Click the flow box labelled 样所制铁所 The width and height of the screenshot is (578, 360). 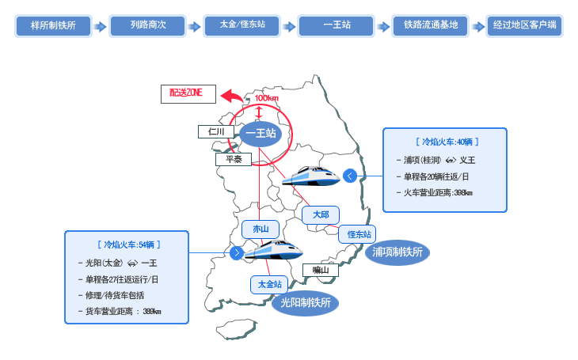pos(53,25)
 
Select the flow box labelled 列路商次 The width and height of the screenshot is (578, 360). pos(147,25)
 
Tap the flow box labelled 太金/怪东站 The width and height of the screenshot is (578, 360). pos(241,25)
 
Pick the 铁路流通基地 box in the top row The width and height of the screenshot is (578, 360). pos(431,25)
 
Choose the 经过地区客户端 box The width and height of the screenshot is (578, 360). pos(524,25)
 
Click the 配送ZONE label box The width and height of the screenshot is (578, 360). pos(188,94)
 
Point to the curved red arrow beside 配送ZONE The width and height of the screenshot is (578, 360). pos(231,96)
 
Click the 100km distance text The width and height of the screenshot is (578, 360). pos(267,98)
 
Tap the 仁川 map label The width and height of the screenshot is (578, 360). pos(216,131)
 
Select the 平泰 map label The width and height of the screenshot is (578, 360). pos(234,159)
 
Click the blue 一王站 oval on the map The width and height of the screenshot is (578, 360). pos(260,134)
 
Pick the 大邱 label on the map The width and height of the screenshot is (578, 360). pos(321,215)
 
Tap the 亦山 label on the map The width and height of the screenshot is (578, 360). pos(260,229)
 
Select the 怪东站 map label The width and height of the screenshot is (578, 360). pos(357,234)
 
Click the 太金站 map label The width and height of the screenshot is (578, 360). pos(269,285)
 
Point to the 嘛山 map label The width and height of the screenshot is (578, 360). pos(321,270)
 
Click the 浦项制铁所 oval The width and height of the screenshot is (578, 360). pos(397,252)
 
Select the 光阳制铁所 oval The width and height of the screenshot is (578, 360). pos(305,303)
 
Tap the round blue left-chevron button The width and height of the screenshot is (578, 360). pos(350,176)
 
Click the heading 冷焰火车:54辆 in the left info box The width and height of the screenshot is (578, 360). pos(129,244)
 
